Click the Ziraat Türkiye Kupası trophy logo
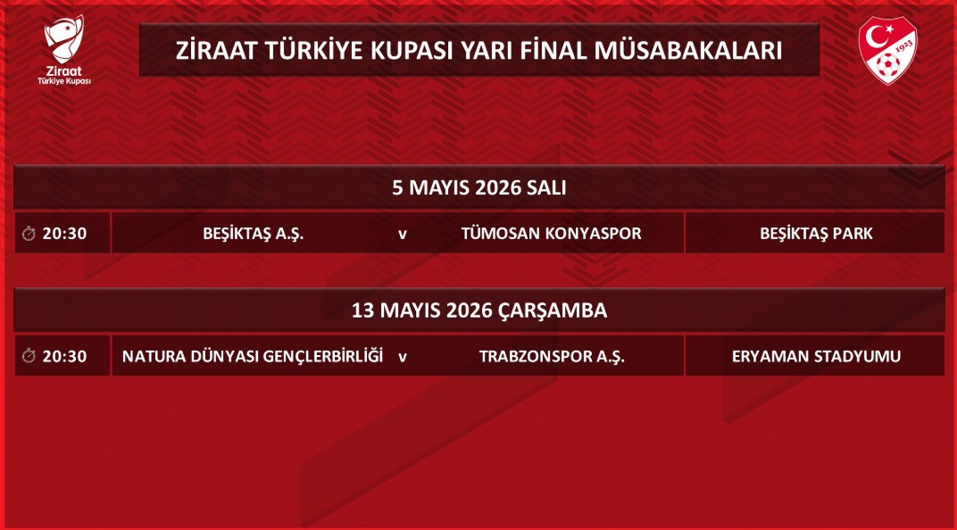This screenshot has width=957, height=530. coord(64,50)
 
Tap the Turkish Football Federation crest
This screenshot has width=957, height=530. coord(887,50)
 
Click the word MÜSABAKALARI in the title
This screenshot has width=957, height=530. coord(687,51)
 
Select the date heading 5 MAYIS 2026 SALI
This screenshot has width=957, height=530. coord(479,187)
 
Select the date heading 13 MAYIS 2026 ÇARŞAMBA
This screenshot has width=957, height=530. coord(479,311)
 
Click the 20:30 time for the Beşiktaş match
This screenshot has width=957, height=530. coord(64,234)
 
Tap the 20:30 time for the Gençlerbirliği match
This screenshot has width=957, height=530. coord(64,356)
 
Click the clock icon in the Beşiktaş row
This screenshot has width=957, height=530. coord(29,234)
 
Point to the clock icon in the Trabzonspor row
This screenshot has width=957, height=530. coord(29,356)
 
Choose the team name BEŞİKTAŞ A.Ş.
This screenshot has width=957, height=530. coord(254,234)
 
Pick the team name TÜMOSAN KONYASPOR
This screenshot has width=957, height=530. coord(551,234)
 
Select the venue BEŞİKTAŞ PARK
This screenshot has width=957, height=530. coord(816,234)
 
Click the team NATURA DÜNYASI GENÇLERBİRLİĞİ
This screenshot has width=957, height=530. coord(253,356)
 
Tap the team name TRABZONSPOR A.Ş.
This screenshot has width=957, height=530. coord(552,356)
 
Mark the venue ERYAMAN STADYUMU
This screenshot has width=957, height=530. coord(816,356)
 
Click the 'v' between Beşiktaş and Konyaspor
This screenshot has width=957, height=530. coord(403,235)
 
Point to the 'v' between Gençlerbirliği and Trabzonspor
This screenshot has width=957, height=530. coord(403,358)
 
